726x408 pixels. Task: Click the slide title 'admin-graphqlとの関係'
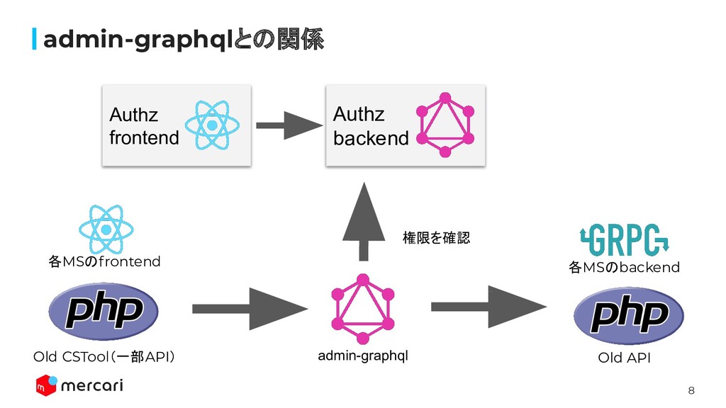click(183, 41)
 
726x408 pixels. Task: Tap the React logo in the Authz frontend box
click(212, 125)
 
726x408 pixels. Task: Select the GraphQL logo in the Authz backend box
click(445, 125)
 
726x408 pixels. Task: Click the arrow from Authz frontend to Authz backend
click(288, 125)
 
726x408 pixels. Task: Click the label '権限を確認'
click(436, 238)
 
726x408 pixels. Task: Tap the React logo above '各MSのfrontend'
click(106, 229)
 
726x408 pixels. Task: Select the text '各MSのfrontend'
click(105, 262)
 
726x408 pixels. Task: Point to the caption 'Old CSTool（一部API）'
click(104, 356)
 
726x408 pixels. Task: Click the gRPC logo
click(625, 240)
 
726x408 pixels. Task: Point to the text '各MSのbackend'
click(624, 267)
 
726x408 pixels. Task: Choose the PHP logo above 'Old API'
click(628, 314)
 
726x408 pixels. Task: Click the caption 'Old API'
click(624, 358)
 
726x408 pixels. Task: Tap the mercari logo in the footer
click(79, 386)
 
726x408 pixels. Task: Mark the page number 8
click(692, 390)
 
